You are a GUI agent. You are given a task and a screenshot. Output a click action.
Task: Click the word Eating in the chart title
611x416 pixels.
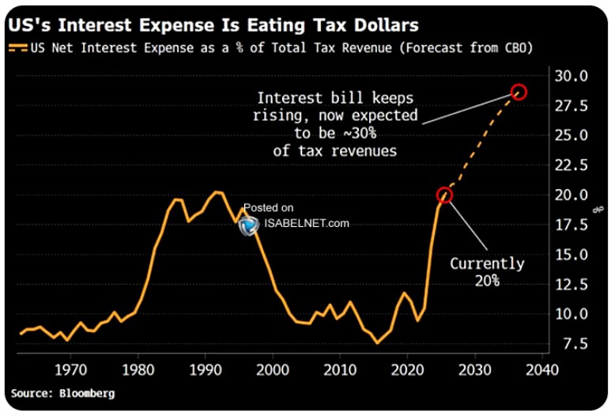(276, 26)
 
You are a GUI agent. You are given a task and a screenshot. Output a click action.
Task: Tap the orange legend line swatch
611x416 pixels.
(18, 48)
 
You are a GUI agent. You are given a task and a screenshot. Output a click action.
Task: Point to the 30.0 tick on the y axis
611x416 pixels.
(571, 76)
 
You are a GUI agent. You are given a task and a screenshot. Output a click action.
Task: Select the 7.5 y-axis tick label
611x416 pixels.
(575, 344)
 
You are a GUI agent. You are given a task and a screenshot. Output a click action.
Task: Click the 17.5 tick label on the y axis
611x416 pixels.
(571, 225)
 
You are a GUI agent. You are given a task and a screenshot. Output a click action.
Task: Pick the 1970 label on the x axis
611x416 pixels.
(70, 369)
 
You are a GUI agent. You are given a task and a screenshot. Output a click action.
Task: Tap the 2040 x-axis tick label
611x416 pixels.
(542, 369)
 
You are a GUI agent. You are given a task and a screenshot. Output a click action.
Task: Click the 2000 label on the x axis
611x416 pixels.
(273, 369)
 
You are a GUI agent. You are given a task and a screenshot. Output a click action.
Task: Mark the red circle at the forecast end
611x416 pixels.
(519, 92)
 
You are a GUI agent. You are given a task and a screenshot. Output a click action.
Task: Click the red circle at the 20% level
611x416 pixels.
(444, 195)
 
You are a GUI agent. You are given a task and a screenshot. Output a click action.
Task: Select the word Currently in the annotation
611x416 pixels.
(487, 264)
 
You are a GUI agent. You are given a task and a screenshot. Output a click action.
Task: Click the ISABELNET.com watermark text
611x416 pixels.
(307, 223)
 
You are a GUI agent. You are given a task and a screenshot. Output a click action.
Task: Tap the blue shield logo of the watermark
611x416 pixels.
(249, 225)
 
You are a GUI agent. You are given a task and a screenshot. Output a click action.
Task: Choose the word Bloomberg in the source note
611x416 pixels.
(87, 393)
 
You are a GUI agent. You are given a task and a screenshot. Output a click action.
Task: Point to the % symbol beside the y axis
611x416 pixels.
(598, 210)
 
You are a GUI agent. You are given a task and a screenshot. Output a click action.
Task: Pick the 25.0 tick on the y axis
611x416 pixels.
(571, 135)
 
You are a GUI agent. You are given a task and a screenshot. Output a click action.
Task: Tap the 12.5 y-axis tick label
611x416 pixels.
(571, 285)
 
